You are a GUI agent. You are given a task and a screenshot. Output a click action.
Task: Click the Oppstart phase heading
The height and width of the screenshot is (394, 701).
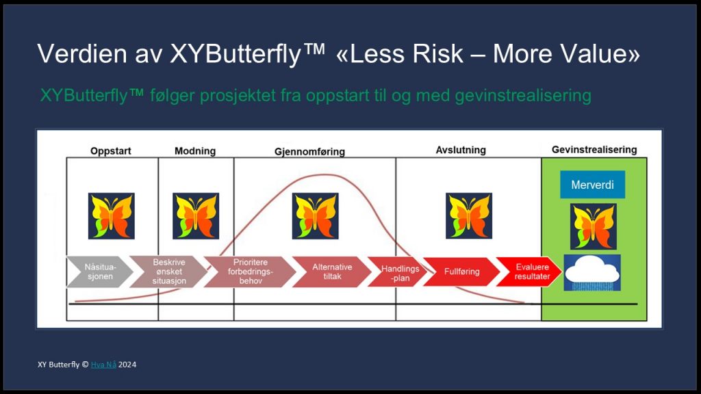[111, 151]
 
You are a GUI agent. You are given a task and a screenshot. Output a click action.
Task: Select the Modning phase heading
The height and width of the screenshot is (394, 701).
[195, 151]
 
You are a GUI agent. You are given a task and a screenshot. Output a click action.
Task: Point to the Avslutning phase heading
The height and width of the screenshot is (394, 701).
[461, 150]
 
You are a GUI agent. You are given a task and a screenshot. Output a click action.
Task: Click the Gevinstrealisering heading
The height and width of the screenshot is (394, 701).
[594, 150]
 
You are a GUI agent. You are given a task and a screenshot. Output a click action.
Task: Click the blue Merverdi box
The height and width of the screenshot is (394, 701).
[592, 185]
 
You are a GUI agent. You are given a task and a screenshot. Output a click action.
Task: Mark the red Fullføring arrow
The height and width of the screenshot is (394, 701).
[460, 272]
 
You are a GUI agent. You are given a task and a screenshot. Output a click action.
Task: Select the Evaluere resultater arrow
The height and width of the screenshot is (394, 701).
[527, 272]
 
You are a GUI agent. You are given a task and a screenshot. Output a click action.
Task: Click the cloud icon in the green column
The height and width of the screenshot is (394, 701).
[592, 272]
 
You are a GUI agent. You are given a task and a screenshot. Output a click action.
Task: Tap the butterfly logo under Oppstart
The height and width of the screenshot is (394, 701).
[111, 215]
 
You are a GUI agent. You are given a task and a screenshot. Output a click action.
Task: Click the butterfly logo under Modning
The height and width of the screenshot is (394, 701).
[196, 215]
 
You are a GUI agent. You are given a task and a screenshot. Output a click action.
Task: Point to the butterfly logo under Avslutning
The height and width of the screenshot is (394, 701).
[469, 215]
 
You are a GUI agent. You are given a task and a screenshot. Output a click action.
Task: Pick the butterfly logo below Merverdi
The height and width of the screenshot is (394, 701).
[593, 226]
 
